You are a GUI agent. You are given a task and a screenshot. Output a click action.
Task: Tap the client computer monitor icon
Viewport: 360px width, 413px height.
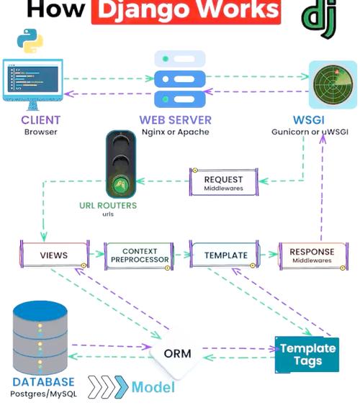coord(32,81)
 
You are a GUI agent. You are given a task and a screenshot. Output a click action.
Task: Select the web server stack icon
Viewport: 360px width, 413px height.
coord(180,78)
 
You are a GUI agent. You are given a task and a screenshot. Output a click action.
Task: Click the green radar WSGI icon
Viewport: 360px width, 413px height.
coord(333,83)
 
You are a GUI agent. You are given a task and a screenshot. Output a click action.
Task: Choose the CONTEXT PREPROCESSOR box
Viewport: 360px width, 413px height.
coord(140,256)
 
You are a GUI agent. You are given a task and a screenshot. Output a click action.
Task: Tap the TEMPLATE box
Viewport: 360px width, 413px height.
coord(225,255)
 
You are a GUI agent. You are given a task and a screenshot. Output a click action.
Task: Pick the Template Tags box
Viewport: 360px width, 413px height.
coord(307,354)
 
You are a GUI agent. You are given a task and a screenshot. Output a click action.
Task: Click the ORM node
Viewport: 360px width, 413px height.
coord(176,354)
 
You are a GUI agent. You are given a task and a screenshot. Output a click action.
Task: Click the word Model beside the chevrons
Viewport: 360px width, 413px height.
coord(153,388)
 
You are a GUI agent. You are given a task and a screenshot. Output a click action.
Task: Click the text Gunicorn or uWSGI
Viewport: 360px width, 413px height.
coord(310,132)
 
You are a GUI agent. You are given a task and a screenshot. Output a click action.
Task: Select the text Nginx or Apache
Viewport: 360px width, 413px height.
coord(175,132)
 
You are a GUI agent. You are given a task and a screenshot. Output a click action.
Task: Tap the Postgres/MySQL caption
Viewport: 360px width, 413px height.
coord(42,394)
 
